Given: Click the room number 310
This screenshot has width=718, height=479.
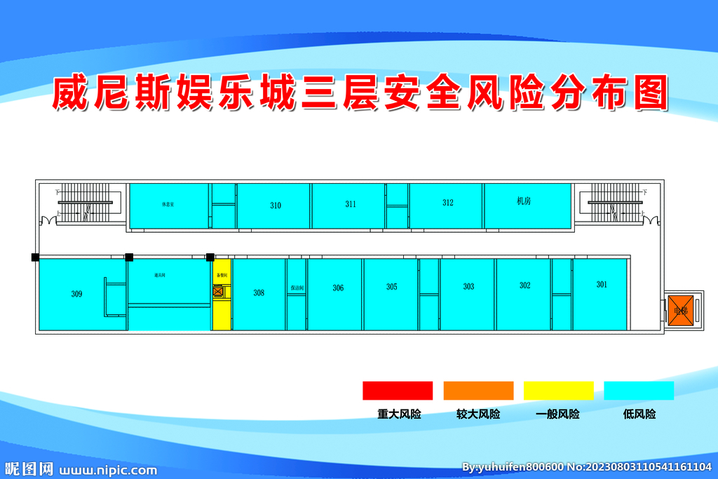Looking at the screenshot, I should [276, 205].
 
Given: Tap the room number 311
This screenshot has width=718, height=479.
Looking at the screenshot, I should [351, 204].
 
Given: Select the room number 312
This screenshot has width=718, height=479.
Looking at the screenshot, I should [448, 203].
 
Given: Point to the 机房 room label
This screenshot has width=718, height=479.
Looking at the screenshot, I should [523, 201].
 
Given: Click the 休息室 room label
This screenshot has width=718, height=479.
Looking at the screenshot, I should [168, 205].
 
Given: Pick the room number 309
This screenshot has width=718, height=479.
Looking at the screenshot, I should [76, 294].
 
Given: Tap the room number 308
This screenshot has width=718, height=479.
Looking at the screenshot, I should [259, 292].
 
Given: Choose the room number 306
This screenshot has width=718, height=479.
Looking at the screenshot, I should [338, 288].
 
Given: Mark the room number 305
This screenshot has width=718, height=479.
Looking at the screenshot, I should [391, 287].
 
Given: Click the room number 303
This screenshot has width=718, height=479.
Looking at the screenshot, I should [468, 286].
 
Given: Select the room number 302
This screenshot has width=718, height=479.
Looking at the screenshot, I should [524, 285].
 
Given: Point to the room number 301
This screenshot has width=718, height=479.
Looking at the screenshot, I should [602, 284].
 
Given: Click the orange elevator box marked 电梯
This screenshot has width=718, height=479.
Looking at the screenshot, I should [680, 309].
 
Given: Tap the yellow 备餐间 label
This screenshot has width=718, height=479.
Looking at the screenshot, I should [222, 276].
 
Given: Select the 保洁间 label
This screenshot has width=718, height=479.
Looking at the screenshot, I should [296, 288].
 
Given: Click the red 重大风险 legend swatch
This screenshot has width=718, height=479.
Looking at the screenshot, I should [398, 391].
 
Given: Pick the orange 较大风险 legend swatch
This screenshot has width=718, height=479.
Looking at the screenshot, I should [478, 391].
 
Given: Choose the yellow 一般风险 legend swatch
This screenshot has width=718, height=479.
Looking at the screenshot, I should [559, 391].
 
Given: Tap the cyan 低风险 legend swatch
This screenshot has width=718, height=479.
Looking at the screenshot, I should [639, 391].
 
